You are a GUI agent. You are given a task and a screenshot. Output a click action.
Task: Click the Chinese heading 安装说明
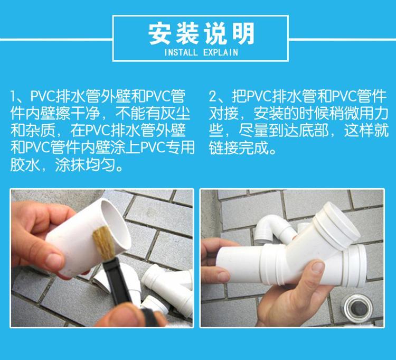click(x=201, y=34)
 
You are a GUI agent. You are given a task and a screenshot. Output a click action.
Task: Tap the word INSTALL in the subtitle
click(x=181, y=52)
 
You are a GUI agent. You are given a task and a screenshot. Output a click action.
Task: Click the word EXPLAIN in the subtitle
click(x=221, y=52)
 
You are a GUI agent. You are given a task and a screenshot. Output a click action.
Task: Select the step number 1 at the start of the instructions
click(x=13, y=96)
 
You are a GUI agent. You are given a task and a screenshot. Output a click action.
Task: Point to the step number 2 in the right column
click(x=213, y=96)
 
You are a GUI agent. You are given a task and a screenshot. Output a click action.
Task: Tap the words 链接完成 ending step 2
click(x=239, y=148)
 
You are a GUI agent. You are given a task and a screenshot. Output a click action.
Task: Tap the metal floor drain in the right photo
click(x=357, y=308)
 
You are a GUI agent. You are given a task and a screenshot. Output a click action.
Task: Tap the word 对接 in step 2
click(x=224, y=114)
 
